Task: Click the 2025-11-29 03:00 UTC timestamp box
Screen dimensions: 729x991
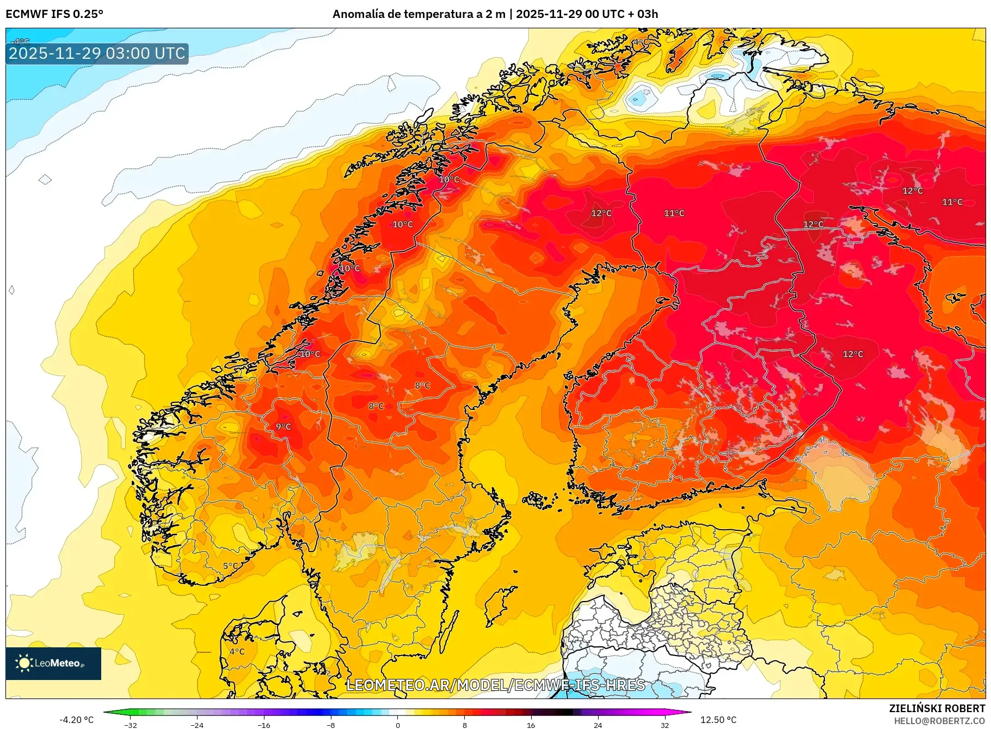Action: click(x=97, y=53)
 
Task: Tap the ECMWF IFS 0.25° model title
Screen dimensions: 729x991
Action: click(x=54, y=14)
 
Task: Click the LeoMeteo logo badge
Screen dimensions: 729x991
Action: click(x=53, y=663)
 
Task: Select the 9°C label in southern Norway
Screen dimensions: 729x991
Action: click(x=283, y=427)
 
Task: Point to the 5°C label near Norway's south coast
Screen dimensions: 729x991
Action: click(x=231, y=566)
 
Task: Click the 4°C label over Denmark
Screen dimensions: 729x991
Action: click(x=237, y=651)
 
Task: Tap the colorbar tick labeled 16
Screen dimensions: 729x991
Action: click(x=531, y=725)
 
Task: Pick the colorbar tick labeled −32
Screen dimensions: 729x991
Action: click(x=131, y=725)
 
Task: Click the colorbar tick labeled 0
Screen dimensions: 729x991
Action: click(x=398, y=725)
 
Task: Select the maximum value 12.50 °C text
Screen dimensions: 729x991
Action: click(x=718, y=720)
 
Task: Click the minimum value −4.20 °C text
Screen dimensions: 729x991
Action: click(x=76, y=720)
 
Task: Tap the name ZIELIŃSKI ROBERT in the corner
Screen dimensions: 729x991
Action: click(x=937, y=708)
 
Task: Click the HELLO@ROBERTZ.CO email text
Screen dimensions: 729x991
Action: click(x=939, y=721)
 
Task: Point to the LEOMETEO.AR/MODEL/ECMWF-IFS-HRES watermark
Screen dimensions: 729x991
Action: click(x=495, y=685)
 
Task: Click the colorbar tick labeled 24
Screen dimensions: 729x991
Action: click(x=598, y=725)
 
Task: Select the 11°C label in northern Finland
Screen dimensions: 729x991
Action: click(x=674, y=213)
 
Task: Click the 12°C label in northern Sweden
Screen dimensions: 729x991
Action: click(x=601, y=213)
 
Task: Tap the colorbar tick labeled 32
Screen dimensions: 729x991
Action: click(x=664, y=725)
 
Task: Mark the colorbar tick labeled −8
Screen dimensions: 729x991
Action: click(x=331, y=725)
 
